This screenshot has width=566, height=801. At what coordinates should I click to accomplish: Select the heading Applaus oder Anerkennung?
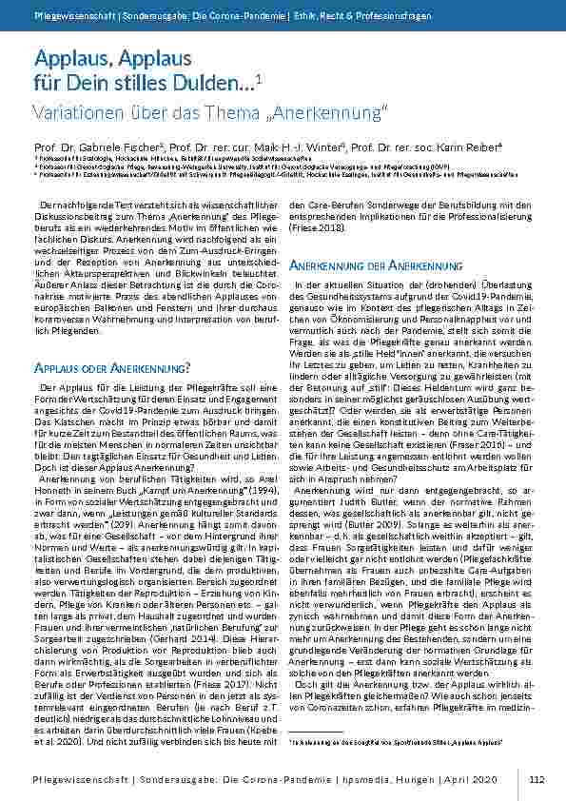(x=114, y=340)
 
